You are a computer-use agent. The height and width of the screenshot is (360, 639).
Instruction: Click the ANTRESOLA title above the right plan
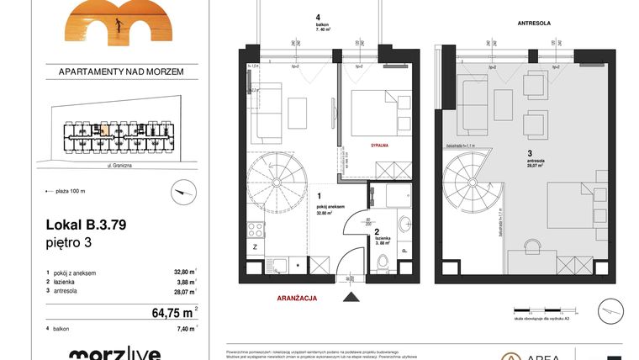[x=534, y=24]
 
